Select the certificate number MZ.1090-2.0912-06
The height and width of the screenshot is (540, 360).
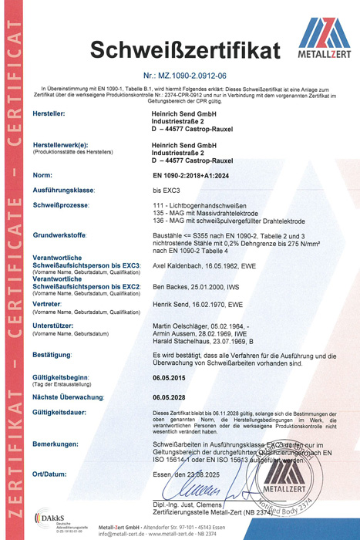[191, 76]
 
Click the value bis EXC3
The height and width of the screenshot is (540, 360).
[166, 189]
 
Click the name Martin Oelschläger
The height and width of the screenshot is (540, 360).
[186, 326]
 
